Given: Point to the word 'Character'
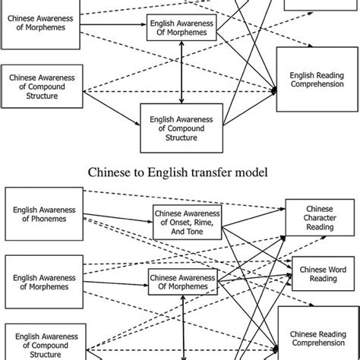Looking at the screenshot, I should click(319, 218).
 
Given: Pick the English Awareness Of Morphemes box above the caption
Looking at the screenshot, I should click(180, 30).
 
